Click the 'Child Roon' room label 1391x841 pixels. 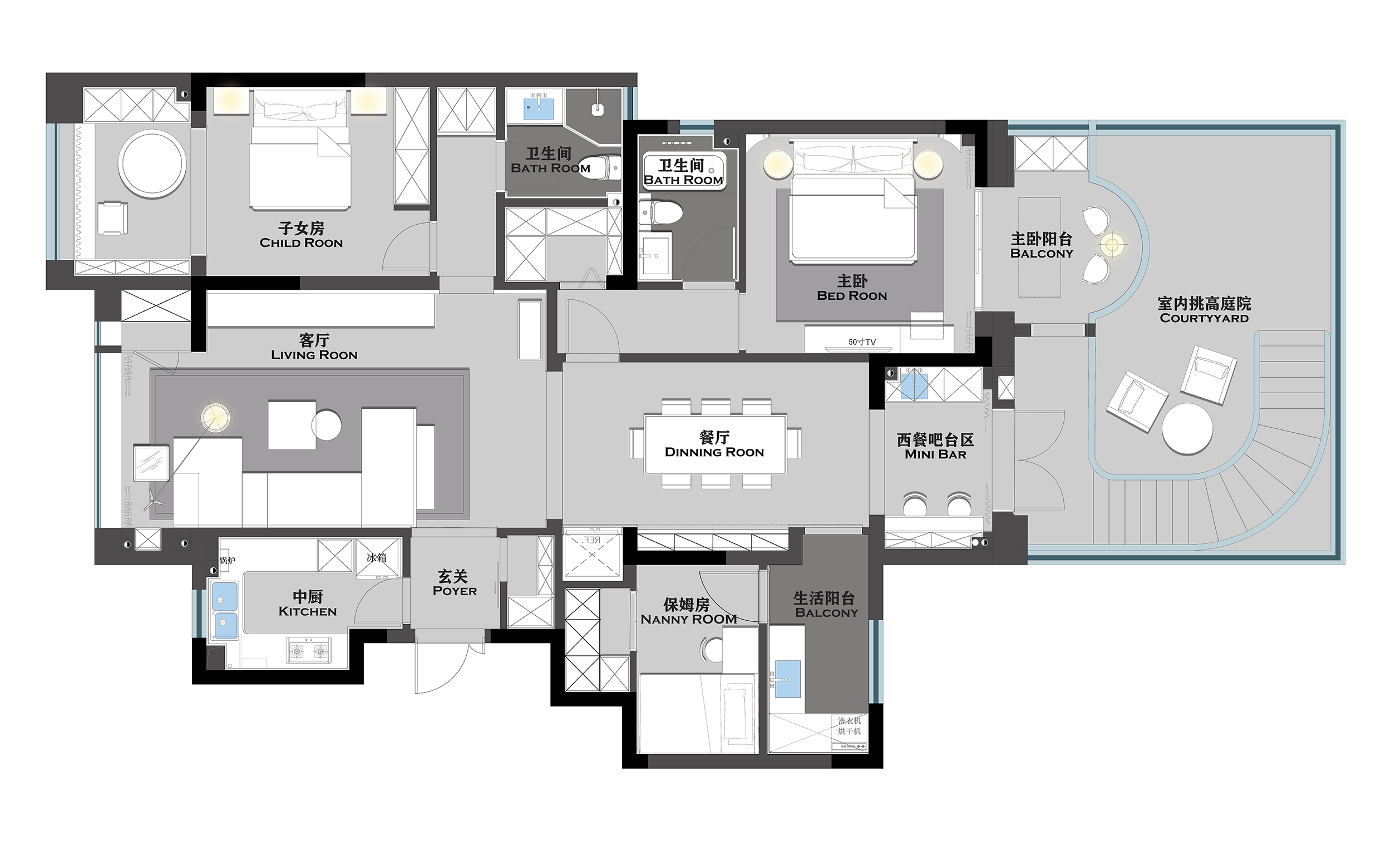[x=301, y=243]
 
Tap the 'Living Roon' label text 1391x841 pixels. [x=314, y=355]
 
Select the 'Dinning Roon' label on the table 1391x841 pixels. [x=714, y=452]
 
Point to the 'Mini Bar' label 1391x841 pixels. [x=935, y=454]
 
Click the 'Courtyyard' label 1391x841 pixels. [x=1204, y=318]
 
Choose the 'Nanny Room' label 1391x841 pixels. [x=689, y=619]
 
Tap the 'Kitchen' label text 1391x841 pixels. [x=308, y=611]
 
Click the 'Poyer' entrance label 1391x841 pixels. [x=455, y=591]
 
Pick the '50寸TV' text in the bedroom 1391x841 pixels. [x=862, y=342]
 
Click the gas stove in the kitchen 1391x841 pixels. [x=309, y=651]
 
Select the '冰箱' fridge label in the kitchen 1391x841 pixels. [x=377, y=558]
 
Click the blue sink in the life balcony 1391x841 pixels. [x=787, y=679]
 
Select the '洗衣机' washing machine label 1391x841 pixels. [x=849, y=721]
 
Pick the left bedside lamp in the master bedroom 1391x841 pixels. [x=778, y=164]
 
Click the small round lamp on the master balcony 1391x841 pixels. [x=1112, y=245]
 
